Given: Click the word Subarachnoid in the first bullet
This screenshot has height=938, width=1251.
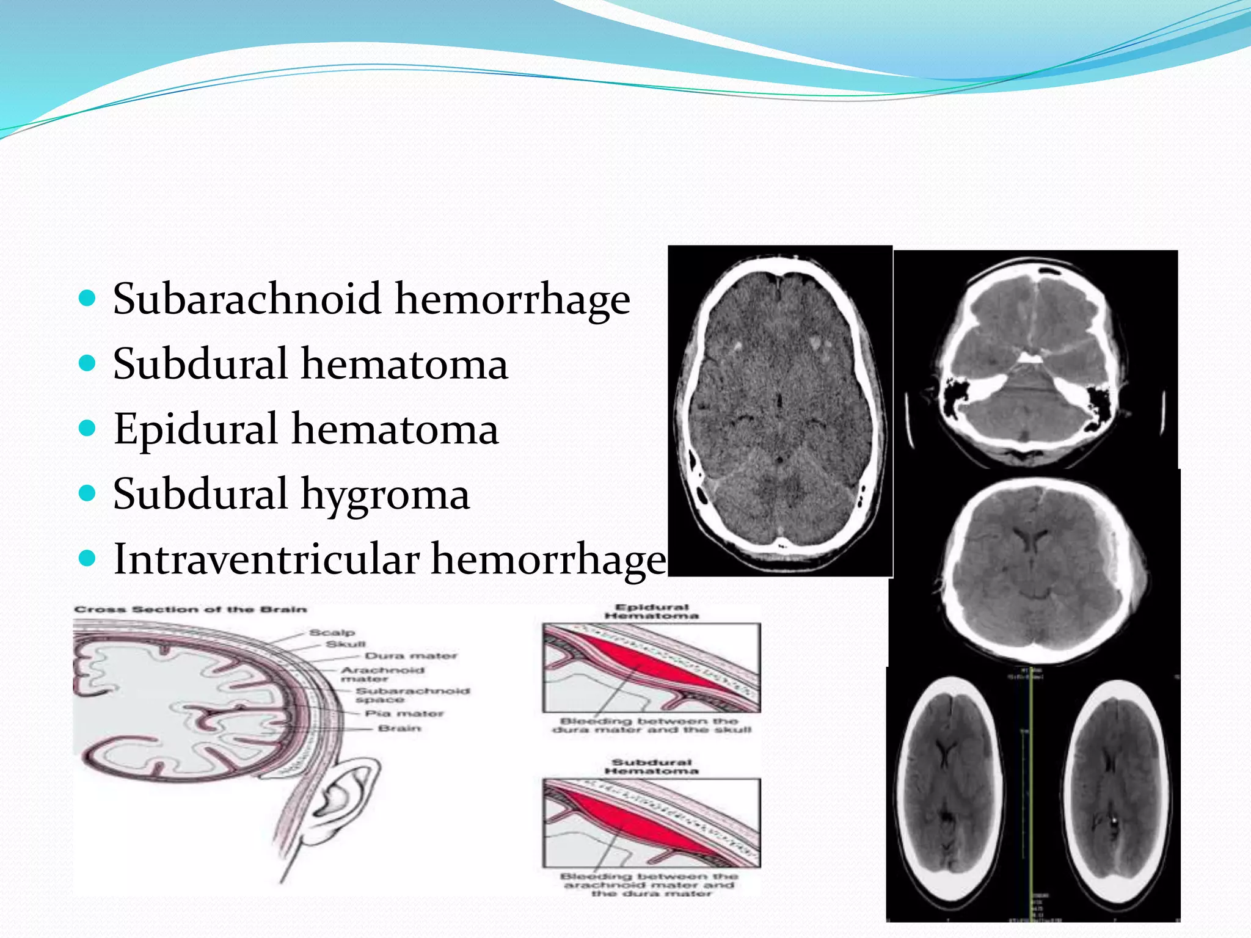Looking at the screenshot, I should click(247, 299).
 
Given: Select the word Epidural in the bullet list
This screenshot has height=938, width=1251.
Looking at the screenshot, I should click(196, 429).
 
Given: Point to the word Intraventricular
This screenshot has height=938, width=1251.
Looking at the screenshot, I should click(266, 559).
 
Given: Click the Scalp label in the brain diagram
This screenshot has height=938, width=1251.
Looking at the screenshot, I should click(332, 633).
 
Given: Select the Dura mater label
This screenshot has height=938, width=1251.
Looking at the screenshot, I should click(410, 656).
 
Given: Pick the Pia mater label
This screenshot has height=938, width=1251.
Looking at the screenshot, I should click(404, 713).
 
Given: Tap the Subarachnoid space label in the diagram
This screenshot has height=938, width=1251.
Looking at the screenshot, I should click(412, 695).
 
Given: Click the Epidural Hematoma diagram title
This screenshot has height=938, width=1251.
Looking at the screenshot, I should click(651, 611).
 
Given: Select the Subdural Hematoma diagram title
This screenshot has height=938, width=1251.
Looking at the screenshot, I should click(651, 766).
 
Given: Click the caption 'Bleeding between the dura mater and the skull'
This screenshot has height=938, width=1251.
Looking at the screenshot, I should click(651, 725).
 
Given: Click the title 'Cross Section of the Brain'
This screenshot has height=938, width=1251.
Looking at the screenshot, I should click(190, 609).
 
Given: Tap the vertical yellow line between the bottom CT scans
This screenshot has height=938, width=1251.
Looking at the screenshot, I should click(1030, 794).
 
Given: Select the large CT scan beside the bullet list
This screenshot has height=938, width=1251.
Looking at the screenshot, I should click(780, 410).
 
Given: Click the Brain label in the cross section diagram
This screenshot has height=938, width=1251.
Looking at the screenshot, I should click(399, 729).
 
